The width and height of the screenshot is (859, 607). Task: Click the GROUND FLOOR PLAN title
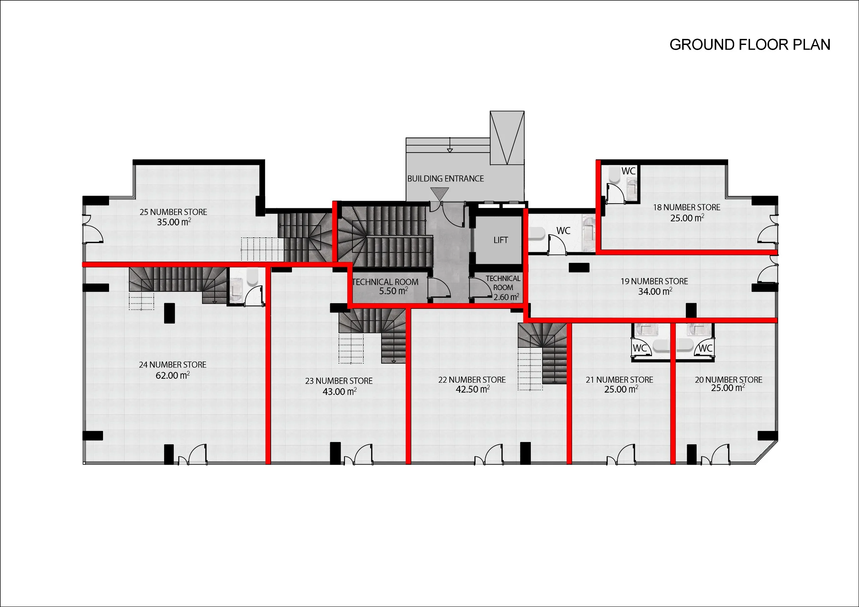(x=750, y=45)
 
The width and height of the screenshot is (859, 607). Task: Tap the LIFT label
(x=501, y=240)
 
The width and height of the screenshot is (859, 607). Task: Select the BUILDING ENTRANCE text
(x=446, y=179)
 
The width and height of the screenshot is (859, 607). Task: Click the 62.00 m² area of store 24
(x=173, y=375)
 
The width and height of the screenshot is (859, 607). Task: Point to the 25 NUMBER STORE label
(x=173, y=212)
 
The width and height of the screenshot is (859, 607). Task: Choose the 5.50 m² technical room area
(x=394, y=291)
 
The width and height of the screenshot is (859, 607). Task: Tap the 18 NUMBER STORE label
(x=687, y=207)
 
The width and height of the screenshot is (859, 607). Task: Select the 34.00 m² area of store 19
(x=655, y=291)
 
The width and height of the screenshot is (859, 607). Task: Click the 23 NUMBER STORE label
(x=339, y=381)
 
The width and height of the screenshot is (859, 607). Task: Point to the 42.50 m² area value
(x=473, y=389)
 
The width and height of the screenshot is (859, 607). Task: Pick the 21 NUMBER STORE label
(x=619, y=380)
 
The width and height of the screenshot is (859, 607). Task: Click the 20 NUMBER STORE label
(x=728, y=380)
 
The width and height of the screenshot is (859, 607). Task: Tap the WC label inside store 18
(x=628, y=171)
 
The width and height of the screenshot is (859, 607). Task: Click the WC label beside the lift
(x=563, y=231)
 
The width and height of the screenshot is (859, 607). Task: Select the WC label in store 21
(x=640, y=348)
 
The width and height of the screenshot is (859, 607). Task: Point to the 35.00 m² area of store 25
(x=174, y=222)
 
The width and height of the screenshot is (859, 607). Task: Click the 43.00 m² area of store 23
(x=340, y=392)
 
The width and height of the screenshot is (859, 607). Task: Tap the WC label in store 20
(x=706, y=348)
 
